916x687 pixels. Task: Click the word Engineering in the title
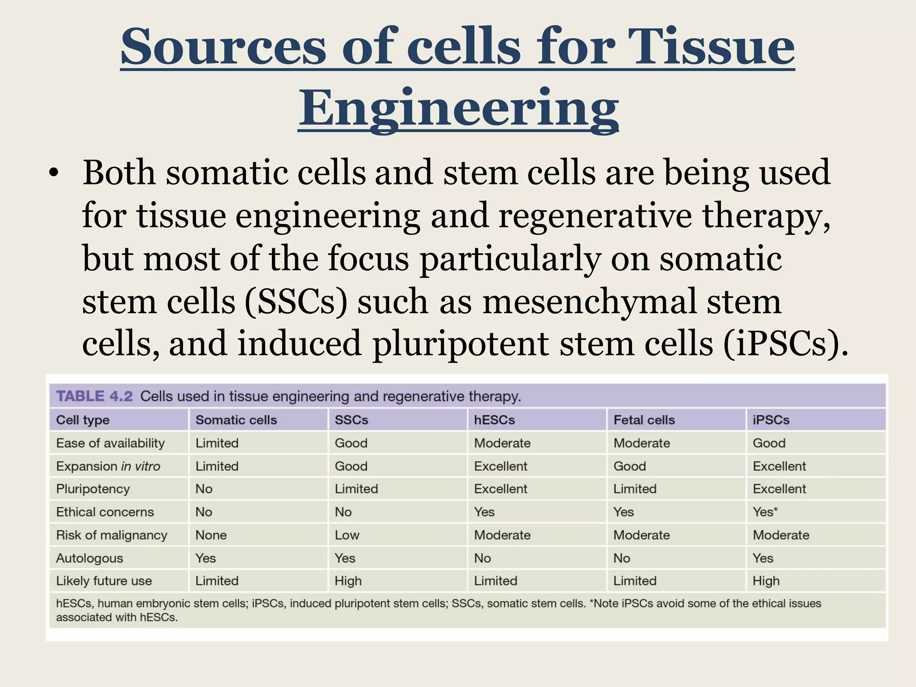coord(458,108)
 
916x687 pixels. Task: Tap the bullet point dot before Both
coord(54,175)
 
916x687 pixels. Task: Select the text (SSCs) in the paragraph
coord(296,301)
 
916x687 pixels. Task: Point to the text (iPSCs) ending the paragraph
coord(785,343)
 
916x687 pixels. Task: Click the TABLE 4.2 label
coord(94,396)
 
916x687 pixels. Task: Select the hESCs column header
coord(494,420)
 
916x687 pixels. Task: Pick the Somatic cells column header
coord(236,420)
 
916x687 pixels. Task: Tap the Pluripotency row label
coord(93,489)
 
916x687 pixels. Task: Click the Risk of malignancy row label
coord(111,535)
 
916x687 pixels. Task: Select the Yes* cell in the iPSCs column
coord(765,512)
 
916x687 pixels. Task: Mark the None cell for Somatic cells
coord(211,535)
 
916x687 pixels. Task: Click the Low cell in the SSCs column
coord(347,535)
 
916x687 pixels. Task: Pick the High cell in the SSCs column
coord(348,581)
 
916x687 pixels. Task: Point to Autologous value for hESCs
coord(482,558)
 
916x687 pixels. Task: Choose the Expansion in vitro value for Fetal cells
coord(629,466)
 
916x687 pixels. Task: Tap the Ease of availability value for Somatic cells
coord(217,443)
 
